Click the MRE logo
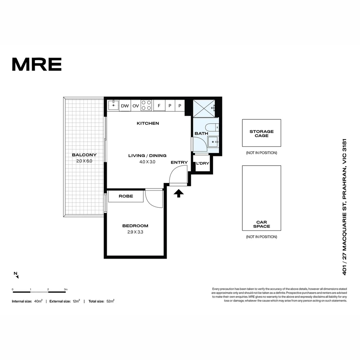[37, 64]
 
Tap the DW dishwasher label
[125, 106]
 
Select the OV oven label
[136, 106]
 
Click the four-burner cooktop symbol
[146, 105]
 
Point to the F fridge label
[159, 106]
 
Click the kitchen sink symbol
[113, 105]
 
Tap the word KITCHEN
[148, 123]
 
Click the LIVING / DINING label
[147, 156]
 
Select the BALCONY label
[84, 155]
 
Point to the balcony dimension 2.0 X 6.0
[84, 161]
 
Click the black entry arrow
[179, 193]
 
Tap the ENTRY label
[179, 162]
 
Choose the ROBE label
[126, 196]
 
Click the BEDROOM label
[135, 226]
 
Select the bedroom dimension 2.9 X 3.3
[135, 232]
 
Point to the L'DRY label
[202, 163]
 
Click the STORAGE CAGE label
[261, 134]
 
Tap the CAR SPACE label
[261, 224]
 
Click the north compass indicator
[16, 275]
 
